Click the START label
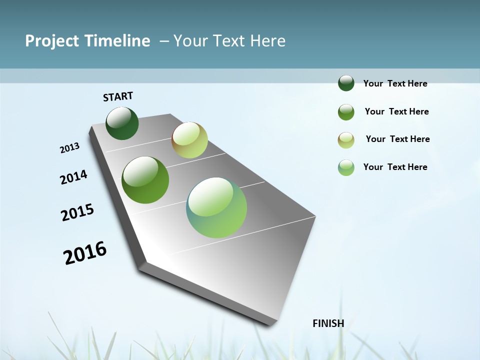[x=118, y=96]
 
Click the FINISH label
[x=328, y=323]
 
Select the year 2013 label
[x=69, y=148]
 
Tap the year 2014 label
[x=73, y=177]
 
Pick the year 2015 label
[x=77, y=212]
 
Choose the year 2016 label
[x=85, y=253]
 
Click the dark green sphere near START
[x=122, y=123]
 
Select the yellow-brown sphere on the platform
[x=189, y=140]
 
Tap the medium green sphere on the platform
[x=145, y=180]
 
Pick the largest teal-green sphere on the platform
[x=216, y=207]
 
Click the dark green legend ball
[x=346, y=83]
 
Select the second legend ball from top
[x=346, y=112]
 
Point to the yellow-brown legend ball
[x=346, y=140]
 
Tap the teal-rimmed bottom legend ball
[x=346, y=167]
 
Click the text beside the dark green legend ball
[x=395, y=83]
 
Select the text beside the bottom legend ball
[x=395, y=167]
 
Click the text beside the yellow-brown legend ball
[x=397, y=139]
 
